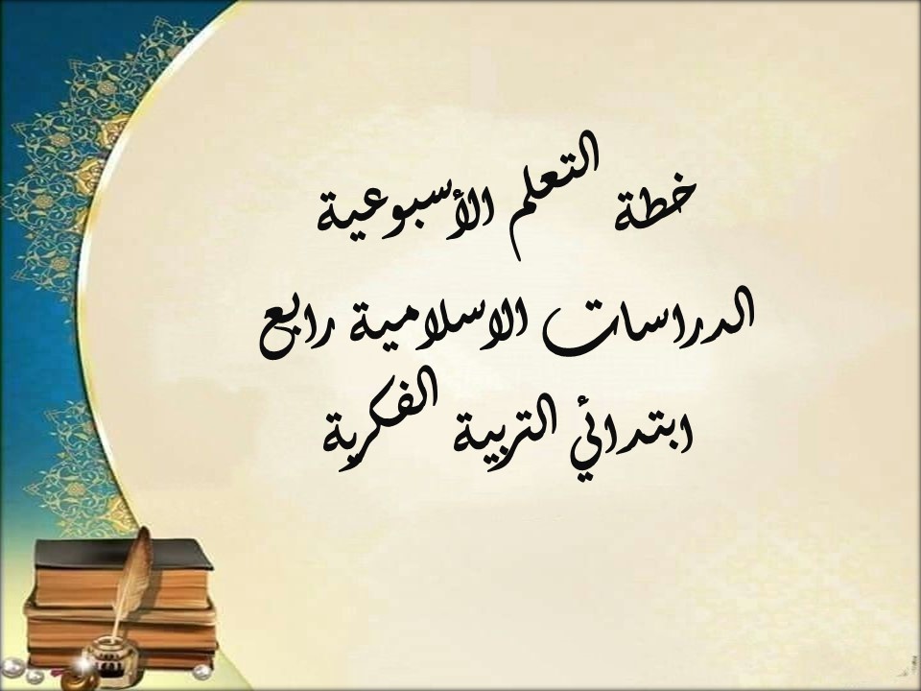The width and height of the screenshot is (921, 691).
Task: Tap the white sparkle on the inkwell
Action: (93, 655)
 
